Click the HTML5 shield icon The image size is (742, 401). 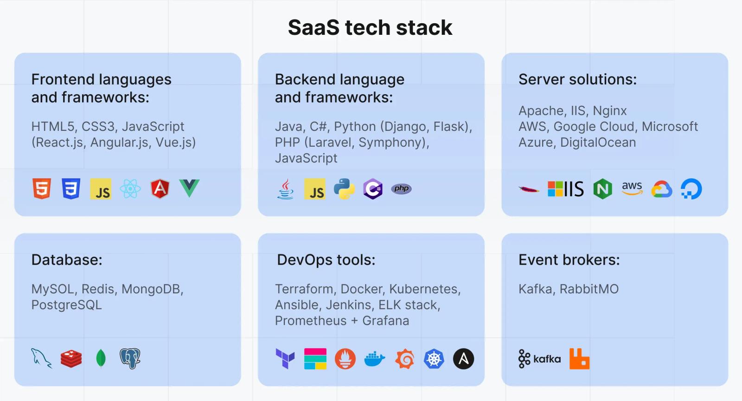(42, 188)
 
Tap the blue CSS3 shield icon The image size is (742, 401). (71, 188)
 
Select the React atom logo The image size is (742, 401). (130, 188)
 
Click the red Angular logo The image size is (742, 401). (160, 188)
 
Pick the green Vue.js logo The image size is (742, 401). (189, 187)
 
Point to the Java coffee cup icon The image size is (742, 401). (285, 189)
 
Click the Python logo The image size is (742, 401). (344, 189)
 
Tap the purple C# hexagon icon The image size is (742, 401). (373, 189)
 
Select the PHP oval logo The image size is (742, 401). (402, 188)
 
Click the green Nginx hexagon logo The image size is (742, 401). (602, 189)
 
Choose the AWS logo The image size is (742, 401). (632, 188)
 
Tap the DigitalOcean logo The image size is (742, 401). (691, 189)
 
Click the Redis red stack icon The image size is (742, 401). (71, 359)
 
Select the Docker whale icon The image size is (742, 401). (375, 359)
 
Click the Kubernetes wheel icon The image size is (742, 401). (434, 359)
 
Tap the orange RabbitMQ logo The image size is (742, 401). (579, 359)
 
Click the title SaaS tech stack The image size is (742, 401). (370, 27)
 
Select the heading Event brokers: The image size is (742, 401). (569, 260)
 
